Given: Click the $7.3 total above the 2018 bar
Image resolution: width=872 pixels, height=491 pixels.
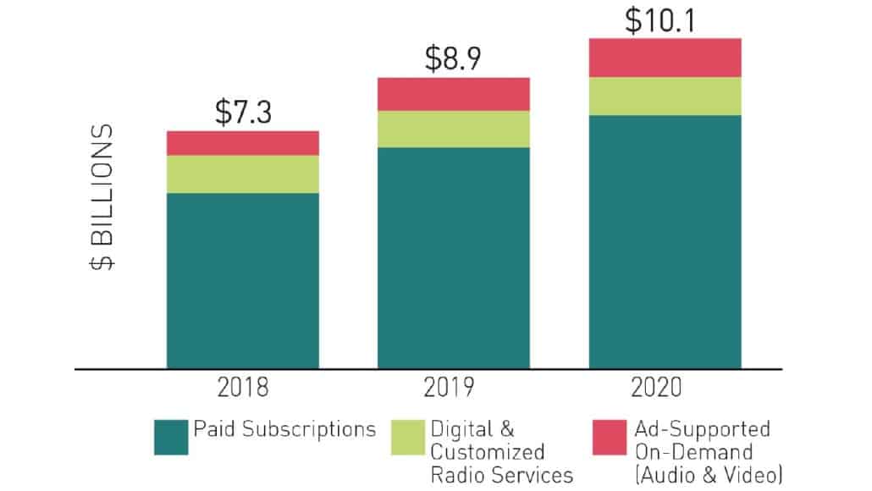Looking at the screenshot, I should pos(242,112).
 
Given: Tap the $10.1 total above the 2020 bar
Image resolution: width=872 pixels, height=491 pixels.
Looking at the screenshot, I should pos(665,19).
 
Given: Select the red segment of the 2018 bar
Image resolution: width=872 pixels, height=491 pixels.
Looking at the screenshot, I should pos(242,143).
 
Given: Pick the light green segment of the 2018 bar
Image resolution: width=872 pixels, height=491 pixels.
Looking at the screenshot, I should pos(242,174).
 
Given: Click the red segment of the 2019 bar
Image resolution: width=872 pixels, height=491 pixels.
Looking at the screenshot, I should pos(453,94).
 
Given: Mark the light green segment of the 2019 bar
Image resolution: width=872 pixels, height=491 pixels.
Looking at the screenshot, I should pos(453,130).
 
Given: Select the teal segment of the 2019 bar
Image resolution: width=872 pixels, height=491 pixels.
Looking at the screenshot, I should pos(453,258).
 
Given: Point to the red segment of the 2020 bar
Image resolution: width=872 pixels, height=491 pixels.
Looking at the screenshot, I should pos(665,58).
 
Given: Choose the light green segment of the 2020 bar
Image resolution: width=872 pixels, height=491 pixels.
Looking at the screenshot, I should pos(665,97).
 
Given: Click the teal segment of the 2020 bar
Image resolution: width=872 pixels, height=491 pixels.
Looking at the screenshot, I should pos(665,242).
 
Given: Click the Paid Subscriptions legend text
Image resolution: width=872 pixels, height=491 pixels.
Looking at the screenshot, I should pos(284,429).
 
